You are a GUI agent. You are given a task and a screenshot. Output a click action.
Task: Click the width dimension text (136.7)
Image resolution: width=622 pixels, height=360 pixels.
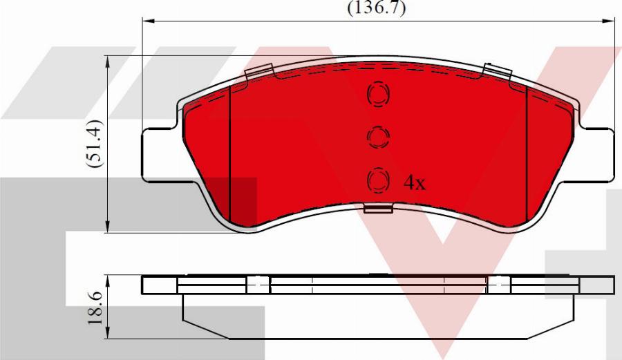376,8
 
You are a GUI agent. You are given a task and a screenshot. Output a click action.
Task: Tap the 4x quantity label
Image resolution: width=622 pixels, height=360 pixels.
415,182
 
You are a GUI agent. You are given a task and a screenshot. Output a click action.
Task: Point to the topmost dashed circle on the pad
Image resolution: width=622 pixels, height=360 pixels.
378,95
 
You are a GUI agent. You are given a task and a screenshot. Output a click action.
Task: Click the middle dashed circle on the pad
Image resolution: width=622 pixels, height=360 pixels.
378,138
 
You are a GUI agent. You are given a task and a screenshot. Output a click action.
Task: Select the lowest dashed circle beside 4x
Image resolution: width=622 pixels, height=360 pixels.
378,180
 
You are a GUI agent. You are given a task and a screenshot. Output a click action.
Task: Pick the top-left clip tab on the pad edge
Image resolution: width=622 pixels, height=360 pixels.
256,72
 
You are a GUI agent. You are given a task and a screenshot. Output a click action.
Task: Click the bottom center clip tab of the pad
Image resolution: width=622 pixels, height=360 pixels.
378,209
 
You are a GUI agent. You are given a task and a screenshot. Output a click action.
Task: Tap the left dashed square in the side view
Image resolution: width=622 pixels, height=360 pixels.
258,284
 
